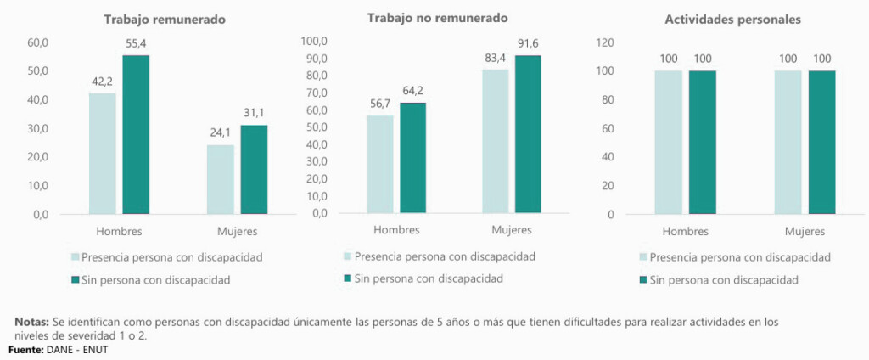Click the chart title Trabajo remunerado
click(165, 20)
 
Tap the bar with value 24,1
click(221, 179)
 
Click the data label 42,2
click(103, 82)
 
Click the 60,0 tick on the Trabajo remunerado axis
click(39, 42)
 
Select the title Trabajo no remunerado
click(437, 18)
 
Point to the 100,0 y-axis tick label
click(315, 41)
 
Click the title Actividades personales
click(734, 20)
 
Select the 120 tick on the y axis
click(605, 42)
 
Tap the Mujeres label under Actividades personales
click(805, 231)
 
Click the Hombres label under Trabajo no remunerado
click(395, 229)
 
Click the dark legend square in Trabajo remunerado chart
click(75, 278)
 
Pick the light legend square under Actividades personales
click(642, 257)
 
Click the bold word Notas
click(31, 323)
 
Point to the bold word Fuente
click(25, 349)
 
